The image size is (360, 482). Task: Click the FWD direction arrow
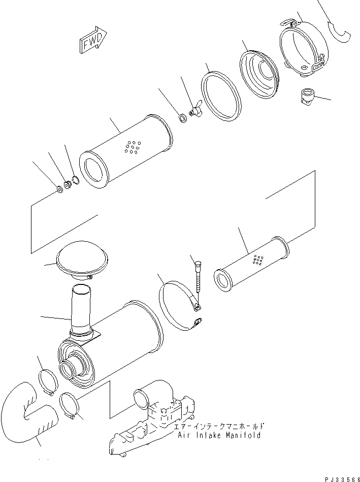pyautogui.click(x=93, y=40)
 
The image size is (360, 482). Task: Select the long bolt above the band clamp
pyautogui.click(x=198, y=277)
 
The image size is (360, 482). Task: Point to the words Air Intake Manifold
pyautogui.click(x=219, y=435)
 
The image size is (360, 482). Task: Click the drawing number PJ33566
pyautogui.click(x=342, y=479)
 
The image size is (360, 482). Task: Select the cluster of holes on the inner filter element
pyautogui.click(x=257, y=260)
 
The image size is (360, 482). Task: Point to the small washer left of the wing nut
pyautogui.click(x=183, y=118)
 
